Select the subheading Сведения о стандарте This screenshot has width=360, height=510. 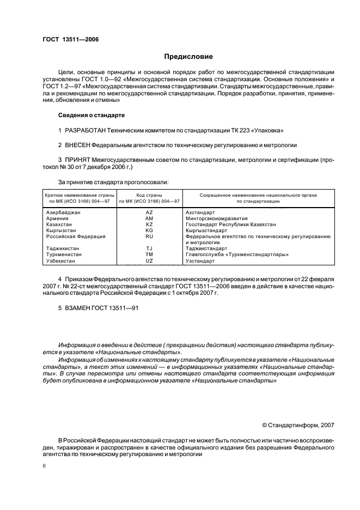(91, 116)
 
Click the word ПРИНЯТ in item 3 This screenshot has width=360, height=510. (80, 160)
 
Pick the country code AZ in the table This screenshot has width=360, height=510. (149, 212)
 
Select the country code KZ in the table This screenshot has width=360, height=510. (149, 224)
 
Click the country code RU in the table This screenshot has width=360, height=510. (149, 236)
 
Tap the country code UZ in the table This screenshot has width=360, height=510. (149, 260)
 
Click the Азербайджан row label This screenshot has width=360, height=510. (64, 212)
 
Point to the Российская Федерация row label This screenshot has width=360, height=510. (76, 236)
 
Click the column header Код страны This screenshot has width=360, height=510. (149, 195)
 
